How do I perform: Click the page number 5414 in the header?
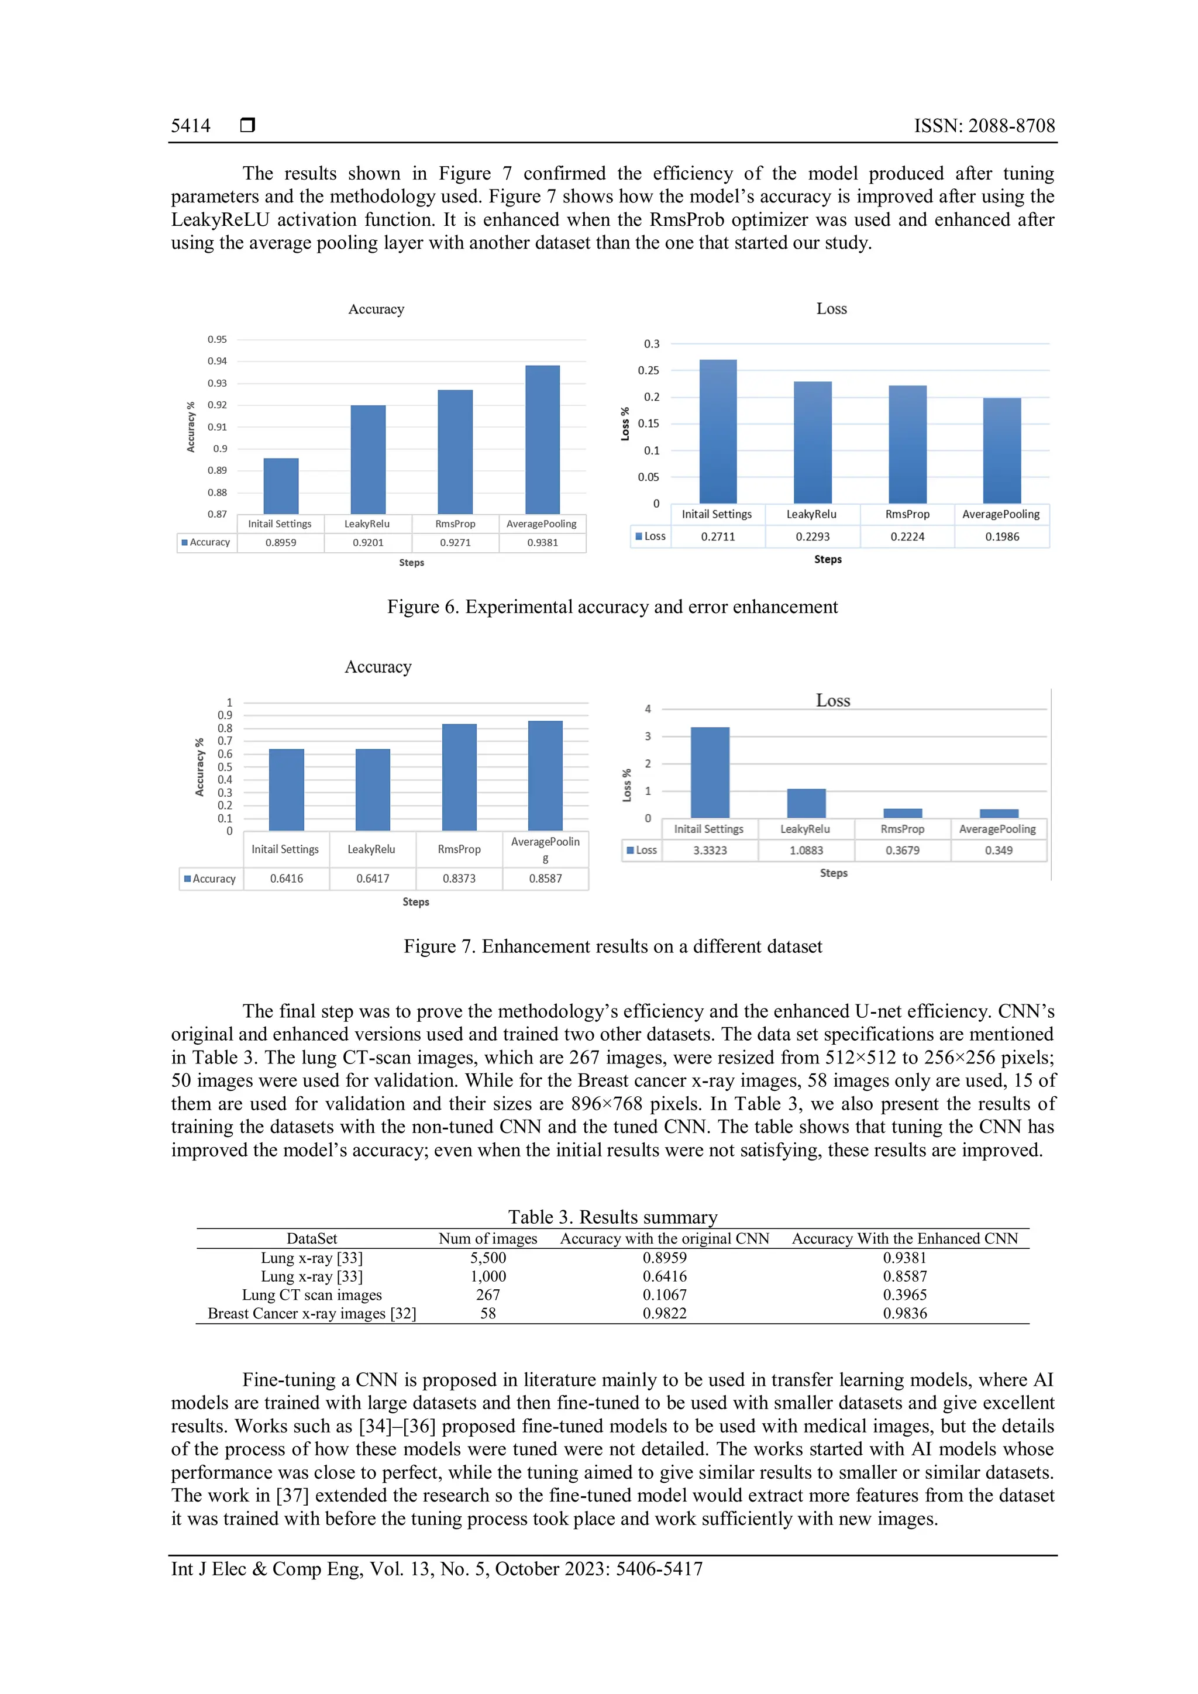point(190,126)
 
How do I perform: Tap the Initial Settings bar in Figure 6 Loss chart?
point(718,432)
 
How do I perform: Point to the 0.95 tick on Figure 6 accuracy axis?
point(217,339)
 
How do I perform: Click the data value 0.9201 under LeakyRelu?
point(367,542)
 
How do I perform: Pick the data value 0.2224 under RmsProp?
point(907,536)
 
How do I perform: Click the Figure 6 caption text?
point(612,607)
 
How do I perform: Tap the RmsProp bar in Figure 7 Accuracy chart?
point(459,777)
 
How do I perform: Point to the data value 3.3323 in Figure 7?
point(710,850)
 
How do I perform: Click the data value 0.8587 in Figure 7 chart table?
point(545,879)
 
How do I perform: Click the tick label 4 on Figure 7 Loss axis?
point(648,709)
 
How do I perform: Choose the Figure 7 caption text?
point(612,946)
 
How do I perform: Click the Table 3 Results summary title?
point(612,1217)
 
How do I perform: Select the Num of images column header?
point(488,1239)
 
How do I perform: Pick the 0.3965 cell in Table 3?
point(904,1295)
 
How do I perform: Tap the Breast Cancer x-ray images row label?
point(311,1313)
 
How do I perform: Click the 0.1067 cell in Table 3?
point(664,1295)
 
